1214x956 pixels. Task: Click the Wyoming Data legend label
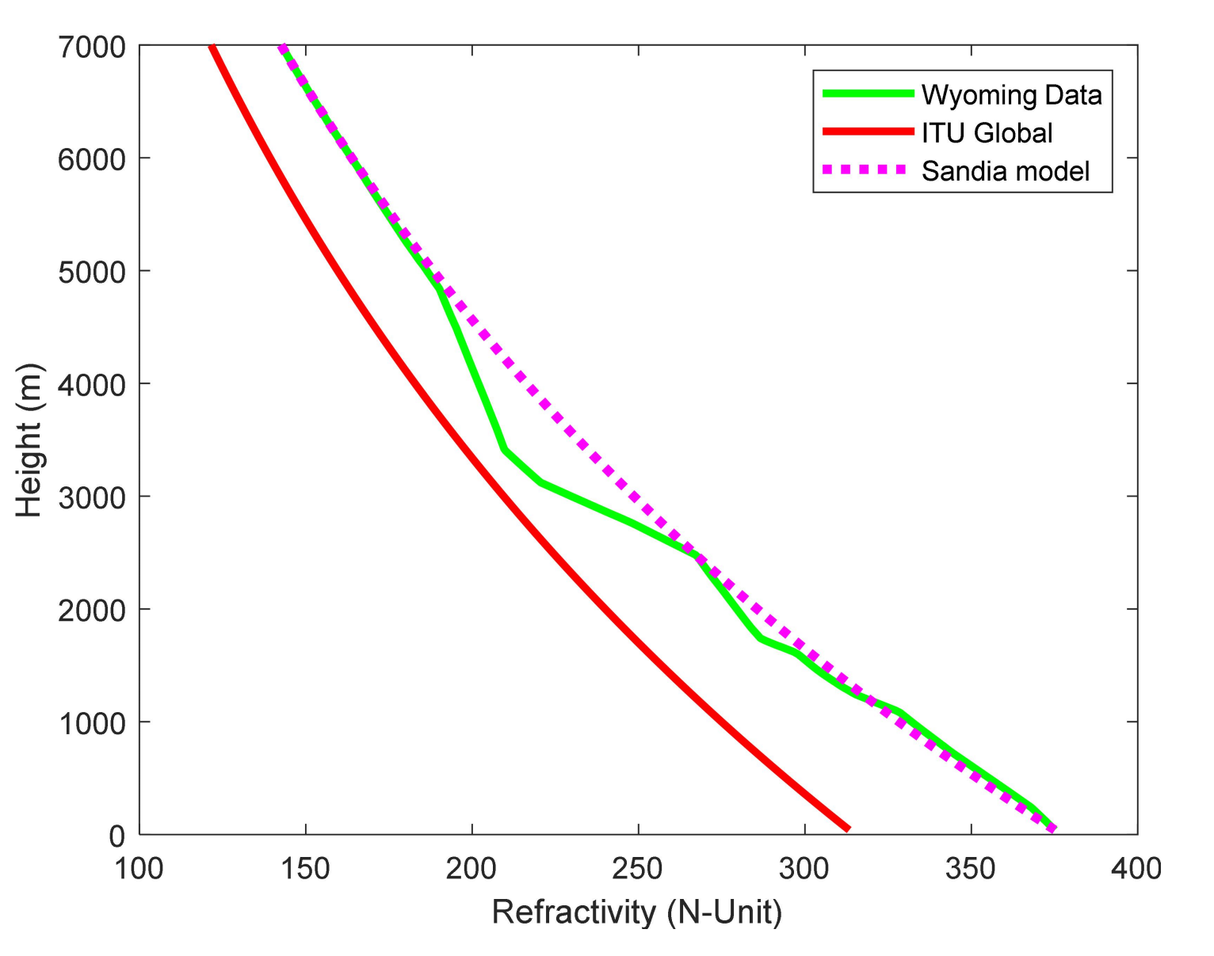(1010, 95)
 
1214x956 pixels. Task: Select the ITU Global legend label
(986, 133)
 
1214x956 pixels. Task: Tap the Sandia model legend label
(1005, 171)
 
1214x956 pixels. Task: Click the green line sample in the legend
(868, 94)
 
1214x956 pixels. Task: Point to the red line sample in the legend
(868, 132)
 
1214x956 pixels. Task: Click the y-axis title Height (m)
(29, 440)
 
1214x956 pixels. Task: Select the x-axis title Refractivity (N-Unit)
(637, 912)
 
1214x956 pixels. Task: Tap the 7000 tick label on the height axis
(92, 48)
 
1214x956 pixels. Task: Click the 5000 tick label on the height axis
(92, 272)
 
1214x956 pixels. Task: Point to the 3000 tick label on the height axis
(92, 497)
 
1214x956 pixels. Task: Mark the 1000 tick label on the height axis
(92, 723)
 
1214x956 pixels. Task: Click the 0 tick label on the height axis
(116, 836)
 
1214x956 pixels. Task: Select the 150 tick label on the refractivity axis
(305, 869)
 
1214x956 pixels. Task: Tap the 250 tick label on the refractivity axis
(638, 869)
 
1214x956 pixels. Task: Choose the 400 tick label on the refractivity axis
(1136, 869)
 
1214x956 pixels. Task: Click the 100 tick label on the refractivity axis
(139, 869)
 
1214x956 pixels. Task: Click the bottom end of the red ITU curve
(848, 828)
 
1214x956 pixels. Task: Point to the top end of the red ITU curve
(212, 48)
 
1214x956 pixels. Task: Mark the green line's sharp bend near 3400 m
(504, 450)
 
